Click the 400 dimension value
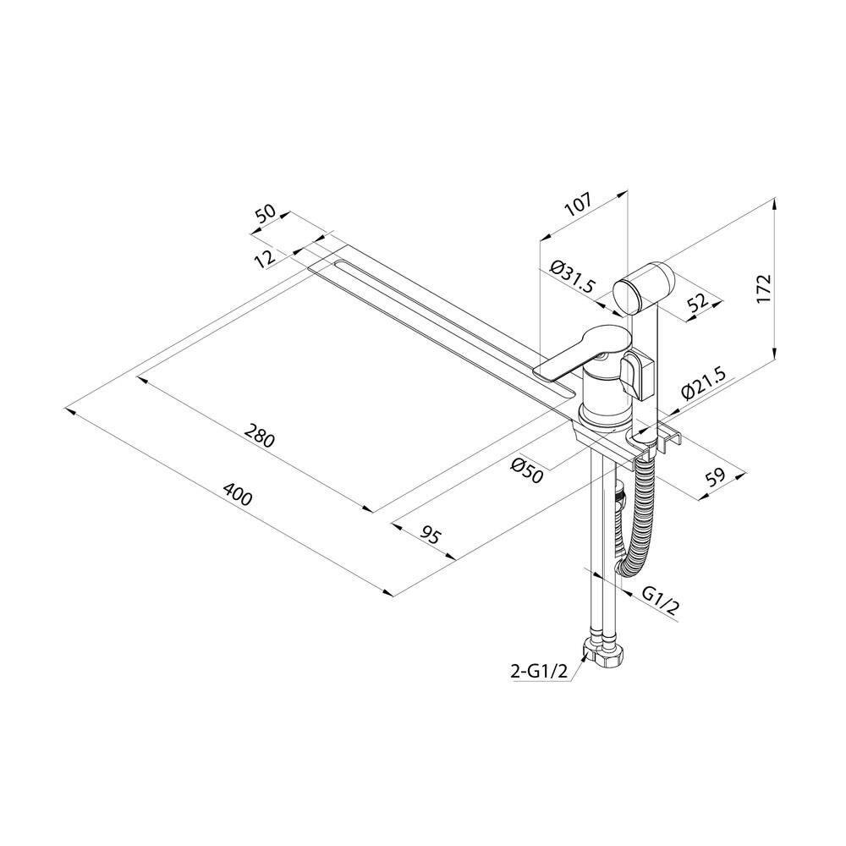(x=238, y=494)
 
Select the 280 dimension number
(x=260, y=436)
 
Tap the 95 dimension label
(x=431, y=536)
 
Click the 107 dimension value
(x=579, y=204)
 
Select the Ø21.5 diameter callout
(x=704, y=382)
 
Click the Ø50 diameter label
(x=526, y=470)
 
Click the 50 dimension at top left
(x=266, y=213)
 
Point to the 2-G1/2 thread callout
(x=538, y=671)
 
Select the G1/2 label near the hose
(x=660, y=601)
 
